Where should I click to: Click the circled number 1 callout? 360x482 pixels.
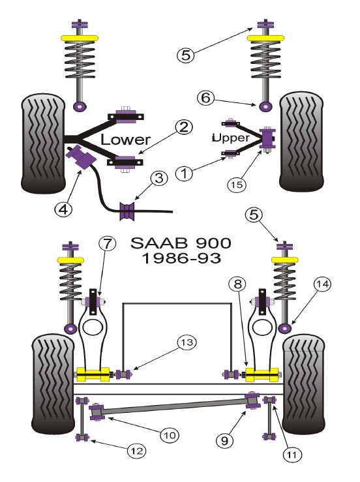point(184,173)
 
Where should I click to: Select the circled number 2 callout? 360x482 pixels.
point(184,127)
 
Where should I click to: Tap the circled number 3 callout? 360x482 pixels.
point(159,178)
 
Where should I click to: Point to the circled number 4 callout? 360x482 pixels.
point(63,209)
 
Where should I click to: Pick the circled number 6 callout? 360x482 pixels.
point(205,98)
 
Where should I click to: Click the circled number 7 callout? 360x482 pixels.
point(107,244)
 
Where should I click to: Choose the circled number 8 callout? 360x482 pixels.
point(237,284)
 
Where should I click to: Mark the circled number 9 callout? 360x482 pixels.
point(225,440)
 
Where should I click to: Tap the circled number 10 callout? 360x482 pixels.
point(170,435)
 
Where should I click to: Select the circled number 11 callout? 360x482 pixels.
point(292,455)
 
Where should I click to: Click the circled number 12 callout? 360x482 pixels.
point(137,451)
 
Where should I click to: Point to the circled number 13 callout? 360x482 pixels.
point(187,342)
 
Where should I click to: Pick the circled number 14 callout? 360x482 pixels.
point(322,284)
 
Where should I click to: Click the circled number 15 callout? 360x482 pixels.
point(237,185)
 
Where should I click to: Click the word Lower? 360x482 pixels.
point(125,140)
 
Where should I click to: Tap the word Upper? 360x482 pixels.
point(231,138)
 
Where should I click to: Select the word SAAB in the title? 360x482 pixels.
point(159,243)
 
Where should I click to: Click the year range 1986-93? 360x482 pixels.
point(181,258)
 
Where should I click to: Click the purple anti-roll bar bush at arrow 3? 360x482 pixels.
point(127,211)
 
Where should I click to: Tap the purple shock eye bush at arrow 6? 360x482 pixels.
point(265,106)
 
